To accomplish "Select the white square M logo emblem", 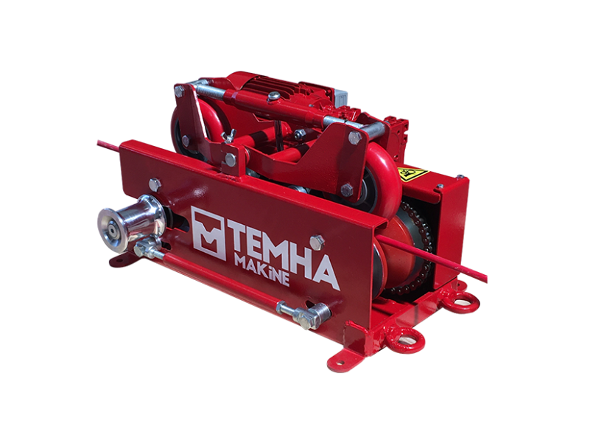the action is [208, 233].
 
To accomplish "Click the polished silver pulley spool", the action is [130, 223].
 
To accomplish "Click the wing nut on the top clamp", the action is [229, 136].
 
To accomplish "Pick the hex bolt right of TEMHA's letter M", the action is [317, 242].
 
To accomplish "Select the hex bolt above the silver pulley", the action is [155, 184].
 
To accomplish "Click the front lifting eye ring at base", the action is [404, 339].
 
